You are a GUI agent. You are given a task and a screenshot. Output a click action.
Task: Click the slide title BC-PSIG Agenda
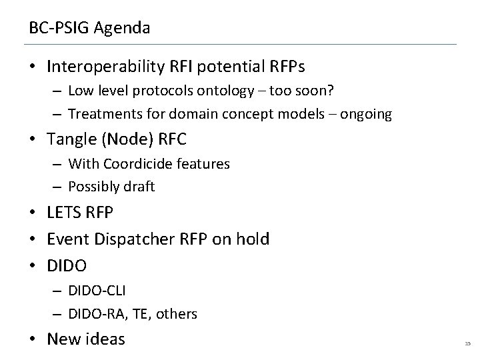[89, 29]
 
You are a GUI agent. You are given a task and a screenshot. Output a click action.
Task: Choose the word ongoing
[366, 114]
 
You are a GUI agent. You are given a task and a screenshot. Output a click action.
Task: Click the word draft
[139, 187]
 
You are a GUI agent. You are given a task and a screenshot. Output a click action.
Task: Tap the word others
[178, 313]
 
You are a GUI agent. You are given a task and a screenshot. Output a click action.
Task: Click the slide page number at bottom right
[467, 343]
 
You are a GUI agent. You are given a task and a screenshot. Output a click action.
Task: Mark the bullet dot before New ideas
[33, 339]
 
